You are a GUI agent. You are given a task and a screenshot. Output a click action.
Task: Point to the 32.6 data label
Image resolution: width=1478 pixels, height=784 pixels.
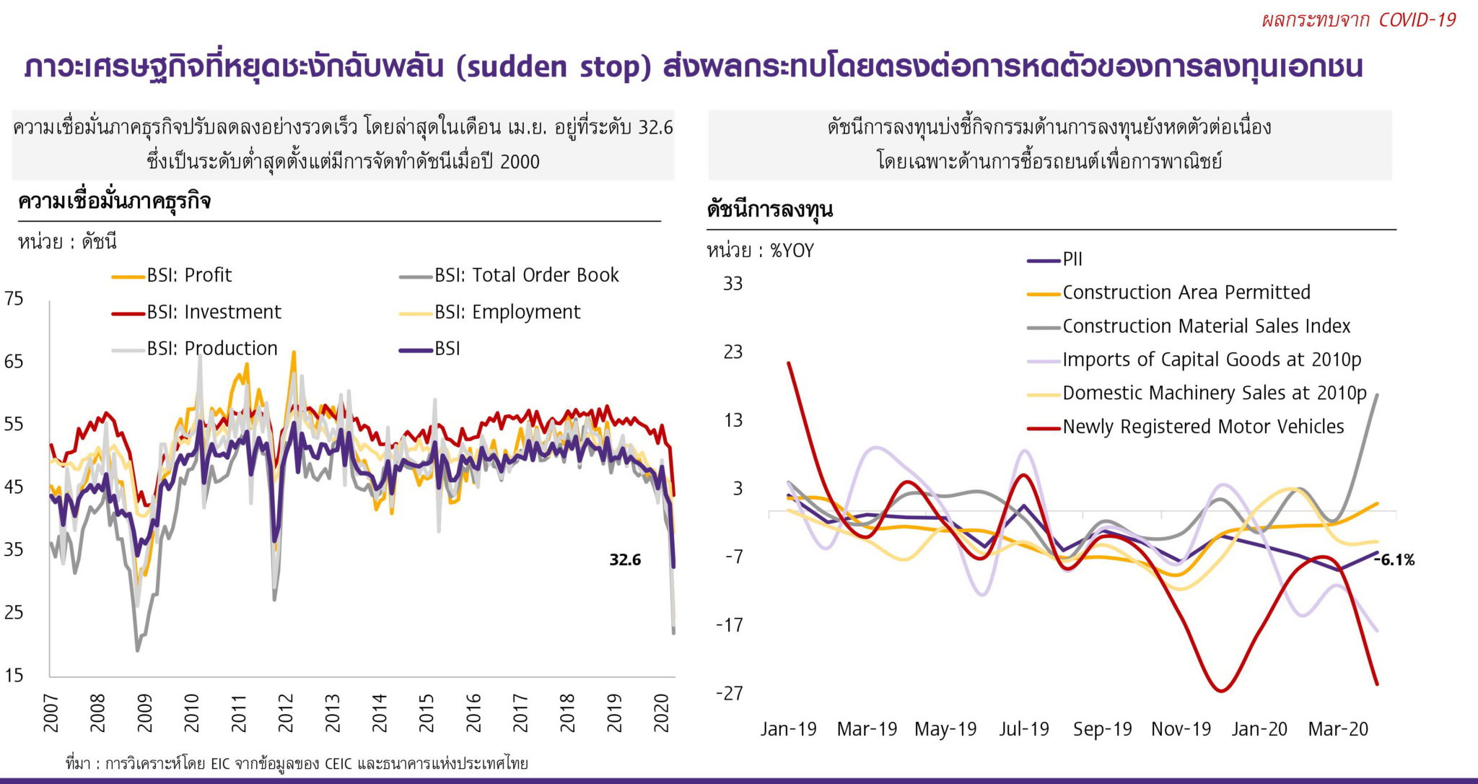625,559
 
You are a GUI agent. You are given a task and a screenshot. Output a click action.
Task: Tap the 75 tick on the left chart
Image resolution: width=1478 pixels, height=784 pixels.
14,298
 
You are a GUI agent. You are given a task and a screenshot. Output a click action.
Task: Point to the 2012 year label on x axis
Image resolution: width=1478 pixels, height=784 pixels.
286,713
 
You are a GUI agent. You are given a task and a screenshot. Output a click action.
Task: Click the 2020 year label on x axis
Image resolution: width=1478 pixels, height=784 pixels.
662,713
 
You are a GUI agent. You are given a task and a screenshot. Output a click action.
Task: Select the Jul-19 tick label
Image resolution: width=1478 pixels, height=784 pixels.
1023,729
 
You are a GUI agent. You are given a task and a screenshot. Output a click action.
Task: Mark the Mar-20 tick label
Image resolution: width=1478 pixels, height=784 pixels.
1337,729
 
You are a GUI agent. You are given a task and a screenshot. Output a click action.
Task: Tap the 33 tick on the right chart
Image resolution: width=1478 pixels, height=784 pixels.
733,284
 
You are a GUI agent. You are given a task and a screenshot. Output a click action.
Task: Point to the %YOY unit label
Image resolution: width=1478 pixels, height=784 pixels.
792,251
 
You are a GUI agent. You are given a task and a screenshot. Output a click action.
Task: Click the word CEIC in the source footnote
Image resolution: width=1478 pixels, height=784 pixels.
338,763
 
